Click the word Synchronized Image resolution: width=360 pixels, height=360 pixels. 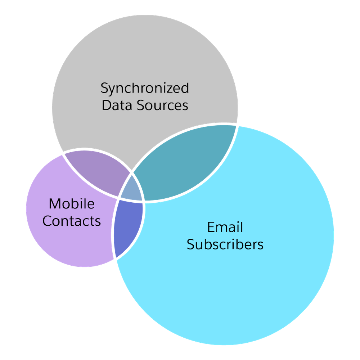(145, 88)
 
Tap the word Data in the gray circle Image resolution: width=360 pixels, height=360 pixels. (117, 105)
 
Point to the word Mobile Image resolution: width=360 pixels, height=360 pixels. (72, 204)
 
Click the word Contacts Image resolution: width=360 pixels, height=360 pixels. (72, 221)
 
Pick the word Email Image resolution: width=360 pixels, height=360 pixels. (225, 227)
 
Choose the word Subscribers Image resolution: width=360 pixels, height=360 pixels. (225, 244)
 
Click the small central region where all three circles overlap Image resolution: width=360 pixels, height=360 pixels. (132, 189)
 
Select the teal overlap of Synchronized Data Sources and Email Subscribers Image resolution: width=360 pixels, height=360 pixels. (184, 162)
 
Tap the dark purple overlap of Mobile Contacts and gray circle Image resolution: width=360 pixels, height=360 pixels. (95, 169)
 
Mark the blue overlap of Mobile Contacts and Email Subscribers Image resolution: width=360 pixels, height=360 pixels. (128, 227)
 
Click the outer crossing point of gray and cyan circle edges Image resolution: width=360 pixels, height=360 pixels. (237, 125)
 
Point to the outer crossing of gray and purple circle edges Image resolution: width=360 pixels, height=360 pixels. (63, 154)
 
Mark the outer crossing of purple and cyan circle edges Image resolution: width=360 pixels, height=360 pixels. (115, 259)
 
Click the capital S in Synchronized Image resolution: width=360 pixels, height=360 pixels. (104, 88)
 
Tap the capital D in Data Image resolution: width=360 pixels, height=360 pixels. (106, 105)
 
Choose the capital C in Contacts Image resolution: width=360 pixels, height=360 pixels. (47, 221)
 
